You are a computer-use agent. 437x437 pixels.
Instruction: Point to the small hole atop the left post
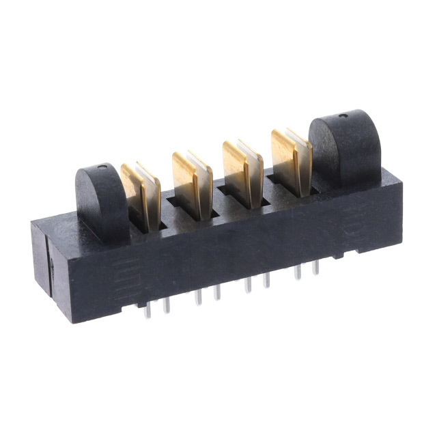coord(102,166)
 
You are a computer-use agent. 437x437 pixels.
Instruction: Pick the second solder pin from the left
coord(165,307)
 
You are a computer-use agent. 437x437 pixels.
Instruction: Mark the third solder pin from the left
coord(198,296)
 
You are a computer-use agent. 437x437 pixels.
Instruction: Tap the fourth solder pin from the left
coord(217,292)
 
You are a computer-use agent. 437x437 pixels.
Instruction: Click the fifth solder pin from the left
coord(249,283)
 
